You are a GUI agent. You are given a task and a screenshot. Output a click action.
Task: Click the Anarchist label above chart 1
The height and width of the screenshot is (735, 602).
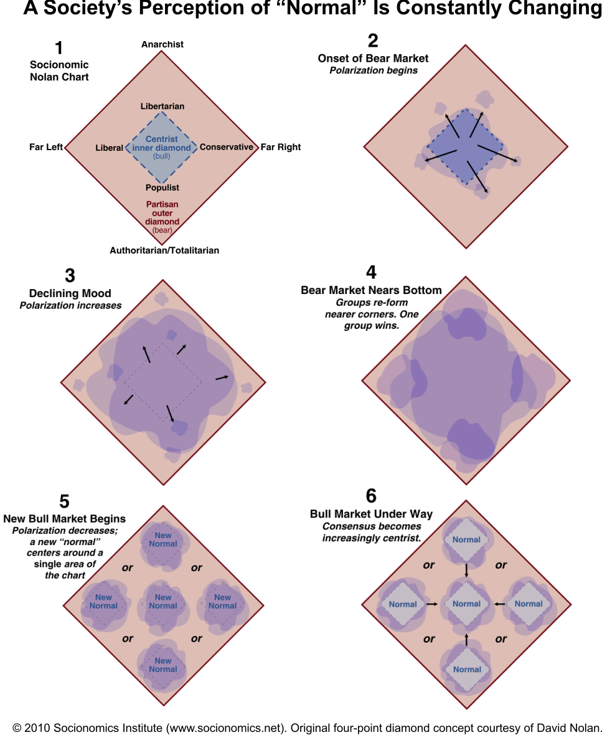(x=162, y=44)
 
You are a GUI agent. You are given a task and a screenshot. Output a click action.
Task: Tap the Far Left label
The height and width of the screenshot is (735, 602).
(x=46, y=148)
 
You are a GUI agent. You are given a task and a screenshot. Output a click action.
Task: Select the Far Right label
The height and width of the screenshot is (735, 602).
(x=280, y=148)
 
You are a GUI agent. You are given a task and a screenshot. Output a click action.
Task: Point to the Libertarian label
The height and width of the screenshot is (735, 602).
(x=162, y=107)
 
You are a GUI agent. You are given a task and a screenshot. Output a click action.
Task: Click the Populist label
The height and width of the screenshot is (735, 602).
(x=162, y=187)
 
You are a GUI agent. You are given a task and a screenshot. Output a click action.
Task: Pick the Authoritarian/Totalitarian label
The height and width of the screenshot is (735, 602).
(x=164, y=250)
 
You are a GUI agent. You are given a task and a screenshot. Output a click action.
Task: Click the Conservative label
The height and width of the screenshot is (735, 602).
(x=227, y=148)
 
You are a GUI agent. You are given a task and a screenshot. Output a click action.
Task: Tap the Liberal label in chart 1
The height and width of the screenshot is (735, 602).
(x=109, y=148)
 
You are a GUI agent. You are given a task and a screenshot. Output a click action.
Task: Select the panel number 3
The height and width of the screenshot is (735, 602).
(x=70, y=275)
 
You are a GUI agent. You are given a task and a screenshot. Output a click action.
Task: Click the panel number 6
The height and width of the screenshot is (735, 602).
(x=371, y=496)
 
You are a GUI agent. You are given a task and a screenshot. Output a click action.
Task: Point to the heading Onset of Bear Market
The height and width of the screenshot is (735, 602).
(x=373, y=59)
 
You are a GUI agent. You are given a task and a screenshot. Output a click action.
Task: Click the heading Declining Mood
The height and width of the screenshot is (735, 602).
(x=70, y=293)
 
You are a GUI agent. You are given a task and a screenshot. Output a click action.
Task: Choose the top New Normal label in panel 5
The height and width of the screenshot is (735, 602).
(x=163, y=539)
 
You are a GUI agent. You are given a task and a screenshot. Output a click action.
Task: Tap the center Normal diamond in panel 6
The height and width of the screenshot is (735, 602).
(x=467, y=604)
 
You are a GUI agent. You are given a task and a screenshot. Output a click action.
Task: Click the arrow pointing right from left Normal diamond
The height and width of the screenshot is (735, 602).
(x=431, y=604)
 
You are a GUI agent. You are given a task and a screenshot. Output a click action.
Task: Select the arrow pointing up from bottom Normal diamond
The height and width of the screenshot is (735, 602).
(x=467, y=639)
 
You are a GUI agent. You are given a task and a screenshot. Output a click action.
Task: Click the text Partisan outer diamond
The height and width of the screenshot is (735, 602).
(x=162, y=213)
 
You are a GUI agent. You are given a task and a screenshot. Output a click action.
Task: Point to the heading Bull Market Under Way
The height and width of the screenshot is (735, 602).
(x=371, y=514)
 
